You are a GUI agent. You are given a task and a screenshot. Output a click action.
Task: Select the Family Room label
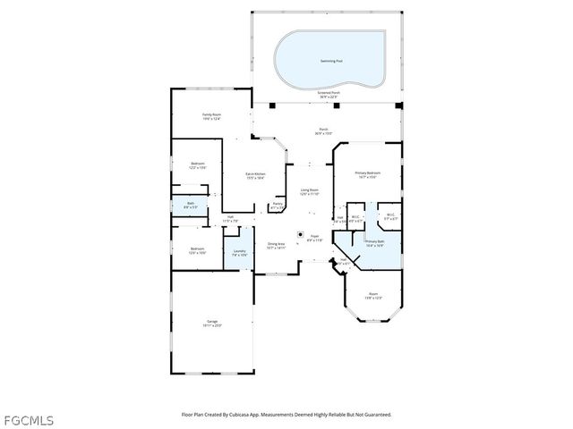tap(211, 116)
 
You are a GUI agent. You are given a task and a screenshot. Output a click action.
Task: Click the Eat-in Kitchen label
tap(256, 175)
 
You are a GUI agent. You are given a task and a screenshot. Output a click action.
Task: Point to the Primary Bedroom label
tap(367, 174)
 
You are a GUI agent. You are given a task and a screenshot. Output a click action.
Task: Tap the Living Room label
tap(309, 192)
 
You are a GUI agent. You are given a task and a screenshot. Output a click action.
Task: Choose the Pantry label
tap(278, 206)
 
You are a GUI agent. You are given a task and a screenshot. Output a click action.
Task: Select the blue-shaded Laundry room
tap(239, 253)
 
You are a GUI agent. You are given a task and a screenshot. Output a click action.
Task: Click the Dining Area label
tap(276, 246)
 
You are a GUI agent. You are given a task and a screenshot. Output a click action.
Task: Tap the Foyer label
tap(314, 239)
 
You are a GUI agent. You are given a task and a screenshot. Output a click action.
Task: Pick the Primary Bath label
tap(374, 243)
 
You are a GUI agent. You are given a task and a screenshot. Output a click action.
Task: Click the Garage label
tap(212, 323)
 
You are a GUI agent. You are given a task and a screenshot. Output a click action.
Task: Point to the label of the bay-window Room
tap(372, 295)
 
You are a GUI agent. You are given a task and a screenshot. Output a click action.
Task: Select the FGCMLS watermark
tap(28, 419)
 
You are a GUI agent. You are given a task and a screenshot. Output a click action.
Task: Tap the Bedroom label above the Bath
tap(198, 165)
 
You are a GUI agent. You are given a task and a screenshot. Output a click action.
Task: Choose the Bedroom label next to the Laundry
tap(197, 250)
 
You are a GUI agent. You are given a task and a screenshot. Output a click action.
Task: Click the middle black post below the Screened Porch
tap(337, 106)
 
